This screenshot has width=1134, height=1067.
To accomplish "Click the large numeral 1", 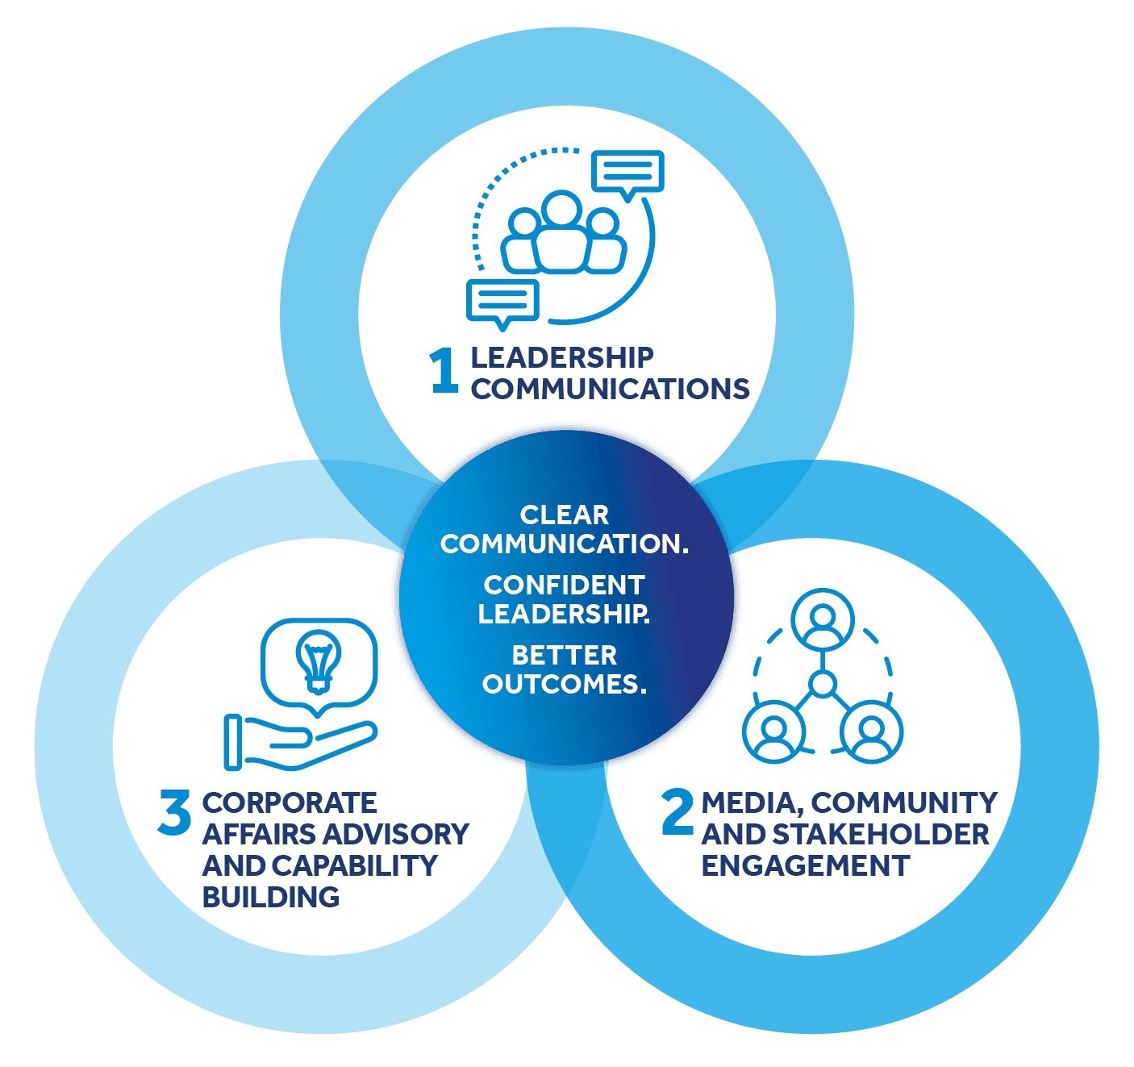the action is click(x=444, y=371).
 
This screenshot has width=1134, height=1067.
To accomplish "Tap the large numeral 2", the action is click(x=677, y=811).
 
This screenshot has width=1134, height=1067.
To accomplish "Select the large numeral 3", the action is click(x=174, y=812).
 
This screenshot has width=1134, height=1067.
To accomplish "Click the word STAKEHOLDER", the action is click(x=880, y=835).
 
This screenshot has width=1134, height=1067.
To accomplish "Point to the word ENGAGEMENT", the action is click(x=805, y=866).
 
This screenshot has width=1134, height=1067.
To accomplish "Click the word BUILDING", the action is click(x=271, y=897).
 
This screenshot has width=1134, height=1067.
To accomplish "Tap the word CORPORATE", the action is click(x=290, y=802).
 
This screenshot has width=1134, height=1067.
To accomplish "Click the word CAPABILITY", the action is click(x=354, y=866).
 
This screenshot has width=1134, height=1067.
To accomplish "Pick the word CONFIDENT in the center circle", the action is click(x=564, y=585).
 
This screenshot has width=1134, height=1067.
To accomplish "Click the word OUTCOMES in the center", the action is click(x=564, y=684).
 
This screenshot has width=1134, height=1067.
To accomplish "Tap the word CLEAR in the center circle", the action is click(x=564, y=515).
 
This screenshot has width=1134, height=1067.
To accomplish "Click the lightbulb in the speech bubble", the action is click(x=318, y=661).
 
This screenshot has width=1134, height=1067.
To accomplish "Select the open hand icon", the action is click(x=300, y=743).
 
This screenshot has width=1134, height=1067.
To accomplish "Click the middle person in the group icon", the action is click(x=562, y=231).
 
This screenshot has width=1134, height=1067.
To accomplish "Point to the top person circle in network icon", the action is click(x=822, y=619).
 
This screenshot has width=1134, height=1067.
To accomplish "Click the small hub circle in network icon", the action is click(x=822, y=684).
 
